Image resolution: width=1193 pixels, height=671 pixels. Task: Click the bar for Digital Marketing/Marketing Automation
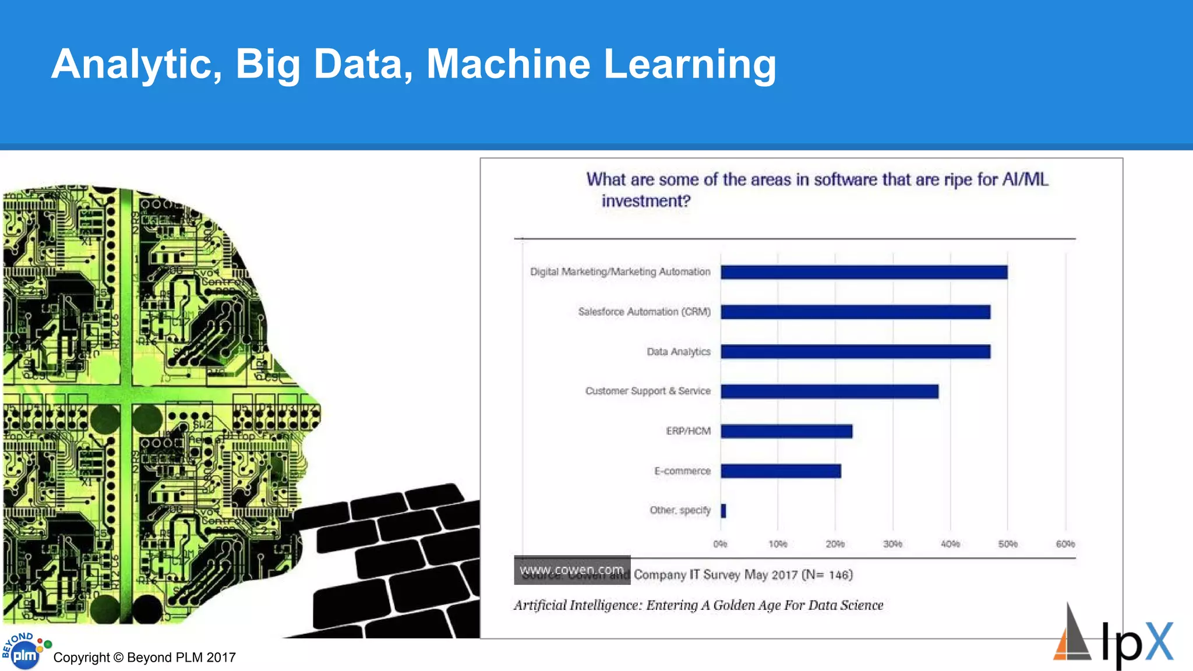(864, 272)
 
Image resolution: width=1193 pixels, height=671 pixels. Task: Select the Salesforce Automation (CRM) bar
(855, 312)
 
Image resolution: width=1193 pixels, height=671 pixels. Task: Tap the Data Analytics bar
(855, 352)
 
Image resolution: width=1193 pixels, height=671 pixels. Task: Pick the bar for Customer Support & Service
(830, 391)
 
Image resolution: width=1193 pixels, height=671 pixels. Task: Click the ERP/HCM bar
(786, 431)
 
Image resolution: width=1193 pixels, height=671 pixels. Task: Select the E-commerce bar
(781, 471)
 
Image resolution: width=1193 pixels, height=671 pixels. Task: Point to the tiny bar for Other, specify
(723, 511)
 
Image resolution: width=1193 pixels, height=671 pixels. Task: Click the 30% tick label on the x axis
(892, 544)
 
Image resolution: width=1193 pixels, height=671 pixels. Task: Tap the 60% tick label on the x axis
(1065, 544)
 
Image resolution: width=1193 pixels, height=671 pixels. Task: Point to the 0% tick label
(720, 544)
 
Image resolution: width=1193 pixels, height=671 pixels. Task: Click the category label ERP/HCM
(688, 431)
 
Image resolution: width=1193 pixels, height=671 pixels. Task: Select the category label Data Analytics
(679, 352)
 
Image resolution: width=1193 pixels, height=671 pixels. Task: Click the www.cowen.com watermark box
(571, 570)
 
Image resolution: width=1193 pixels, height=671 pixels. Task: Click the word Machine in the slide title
(508, 63)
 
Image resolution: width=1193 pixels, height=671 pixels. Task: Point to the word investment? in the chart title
(645, 201)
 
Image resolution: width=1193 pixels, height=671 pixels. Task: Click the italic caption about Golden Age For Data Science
(698, 605)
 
